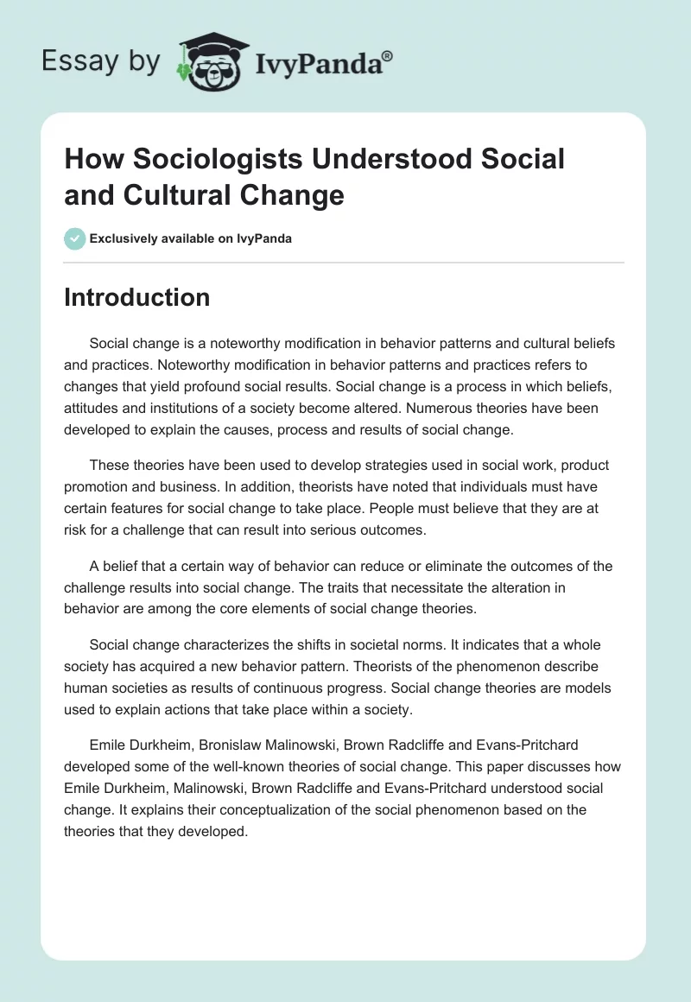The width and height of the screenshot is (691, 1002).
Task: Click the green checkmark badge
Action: (x=75, y=239)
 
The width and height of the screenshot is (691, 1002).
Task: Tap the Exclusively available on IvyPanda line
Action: (x=191, y=239)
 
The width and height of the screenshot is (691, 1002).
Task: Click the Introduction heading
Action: (x=136, y=297)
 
